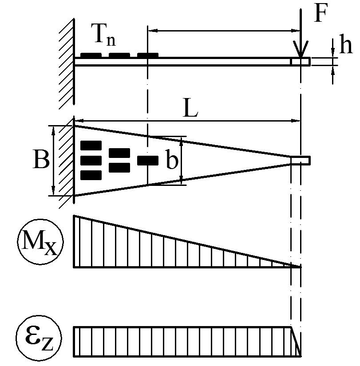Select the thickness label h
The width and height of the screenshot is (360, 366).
click(x=345, y=44)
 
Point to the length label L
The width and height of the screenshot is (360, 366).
click(x=190, y=108)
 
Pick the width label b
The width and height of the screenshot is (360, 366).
click(x=172, y=159)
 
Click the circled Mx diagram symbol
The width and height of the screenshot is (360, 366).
click(x=40, y=242)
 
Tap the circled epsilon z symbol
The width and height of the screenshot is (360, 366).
click(x=39, y=338)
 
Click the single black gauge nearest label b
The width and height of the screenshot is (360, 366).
click(x=148, y=160)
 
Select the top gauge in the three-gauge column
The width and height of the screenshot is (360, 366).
click(x=91, y=146)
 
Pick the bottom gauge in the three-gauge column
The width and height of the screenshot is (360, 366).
click(x=91, y=175)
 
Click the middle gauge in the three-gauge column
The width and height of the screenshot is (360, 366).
click(x=91, y=160)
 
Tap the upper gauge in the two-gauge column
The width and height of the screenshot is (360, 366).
click(x=119, y=153)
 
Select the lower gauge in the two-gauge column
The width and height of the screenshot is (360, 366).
click(x=119, y=168)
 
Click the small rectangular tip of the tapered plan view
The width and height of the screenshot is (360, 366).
click(x=301, y=161)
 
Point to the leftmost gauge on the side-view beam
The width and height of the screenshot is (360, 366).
click(x=91, y=55)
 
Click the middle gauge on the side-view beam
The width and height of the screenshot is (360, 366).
click(x=119, y=55)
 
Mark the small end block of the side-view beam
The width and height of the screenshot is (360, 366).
click(x=301, y=62)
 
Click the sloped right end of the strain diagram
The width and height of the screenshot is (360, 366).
click(x=296, y=341)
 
